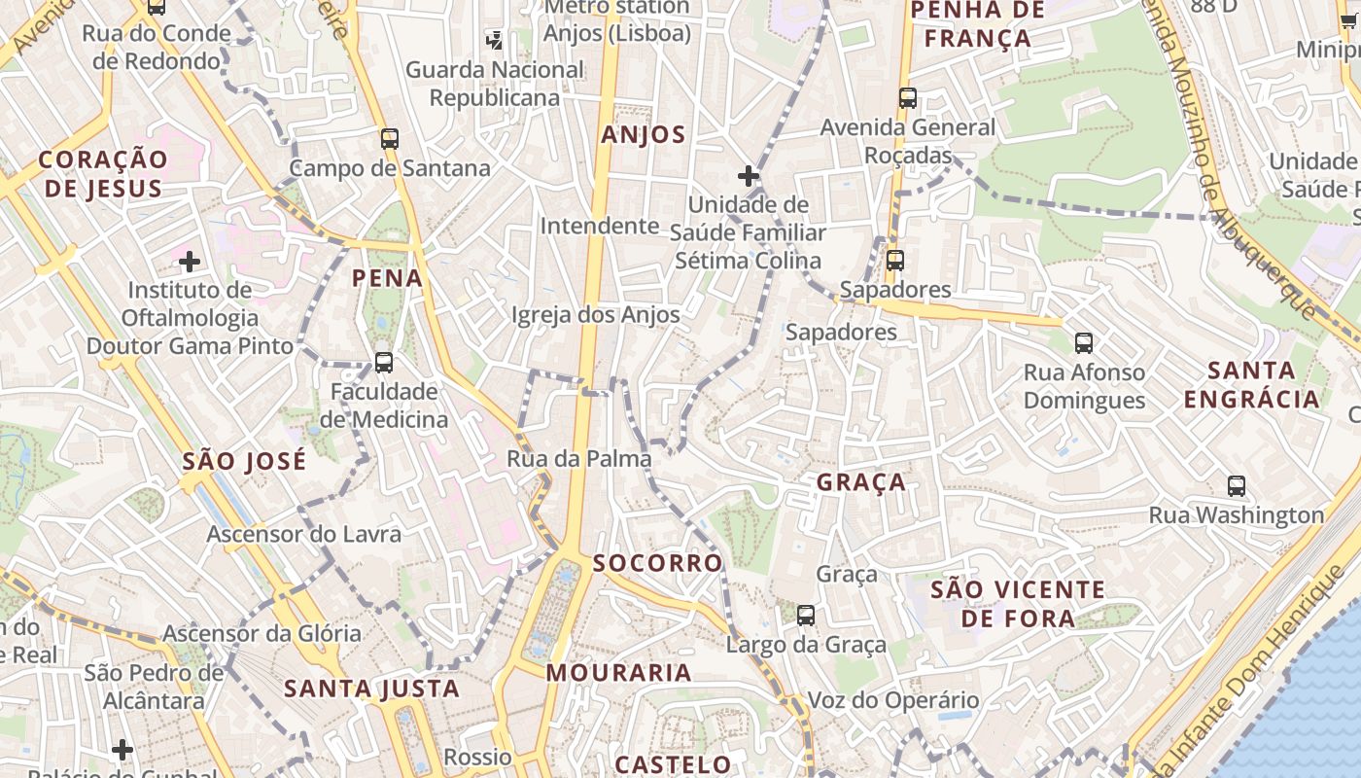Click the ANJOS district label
(643, 134)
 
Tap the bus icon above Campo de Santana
(390, 138)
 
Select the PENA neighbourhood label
(387, 278)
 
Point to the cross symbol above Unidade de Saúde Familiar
(748, 176)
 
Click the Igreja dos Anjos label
(595, 314)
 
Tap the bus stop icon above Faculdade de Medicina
(384, 363)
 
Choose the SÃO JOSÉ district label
(243, 460)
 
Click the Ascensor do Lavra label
(303, 534)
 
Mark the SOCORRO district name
(657, 563)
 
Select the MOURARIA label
(618, 672)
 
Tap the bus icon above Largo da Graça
(806, 615)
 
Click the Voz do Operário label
(893, 700)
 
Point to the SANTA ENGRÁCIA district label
(1252, 384)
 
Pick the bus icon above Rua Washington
(1237, 485)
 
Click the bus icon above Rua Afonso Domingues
(1084, 342)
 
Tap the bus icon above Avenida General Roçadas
(907, 98)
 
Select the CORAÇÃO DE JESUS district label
(103, 173)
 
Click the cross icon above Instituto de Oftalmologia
(190, 261)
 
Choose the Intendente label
(600, 226)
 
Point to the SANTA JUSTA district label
(371, 689)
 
